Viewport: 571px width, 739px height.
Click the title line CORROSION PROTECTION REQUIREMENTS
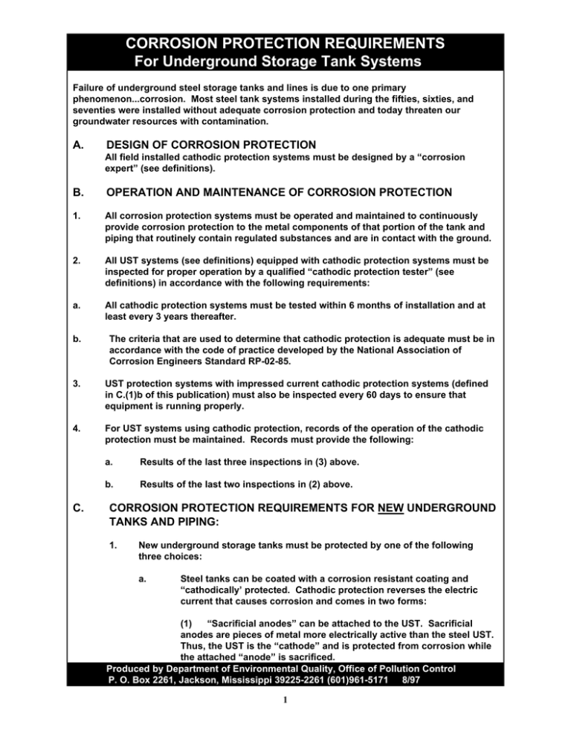coord(285,39)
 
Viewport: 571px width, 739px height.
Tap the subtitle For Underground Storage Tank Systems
coord(285,59)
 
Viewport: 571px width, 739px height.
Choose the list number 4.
coord(71,427)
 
